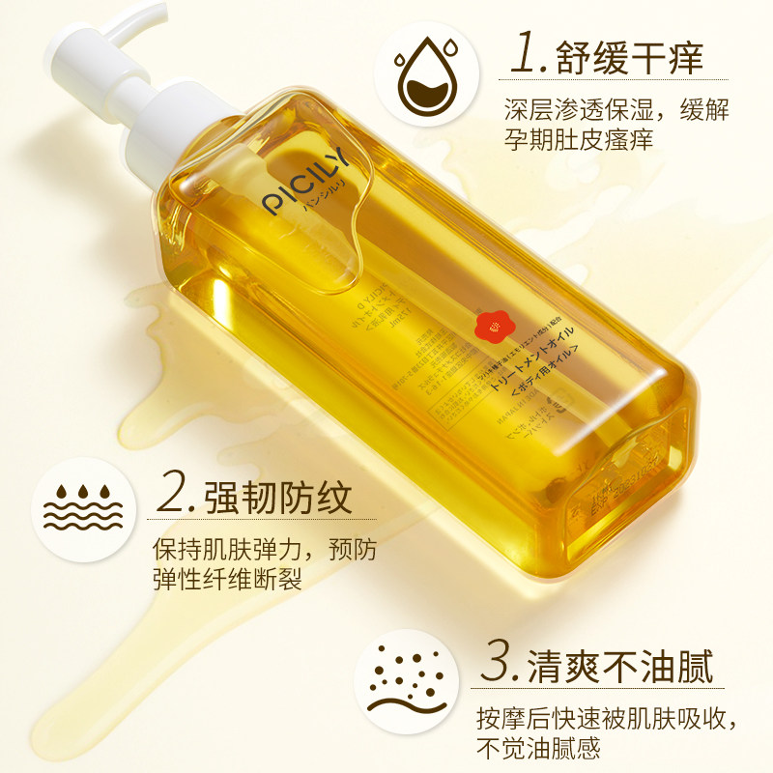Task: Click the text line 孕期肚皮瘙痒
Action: [579, 139]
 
